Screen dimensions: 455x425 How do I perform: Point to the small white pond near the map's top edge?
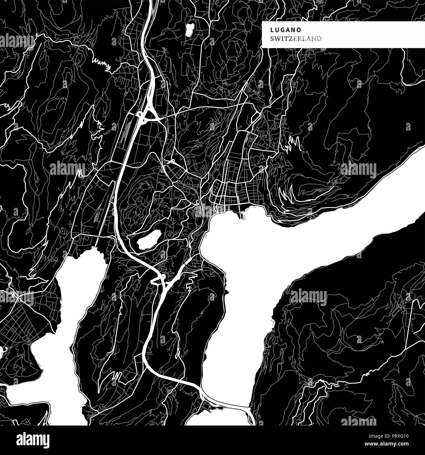coord(189,30)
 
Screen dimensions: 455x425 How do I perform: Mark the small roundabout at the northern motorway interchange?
coord(140,114)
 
